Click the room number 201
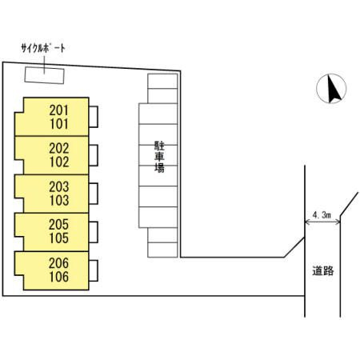[x=59, y=110]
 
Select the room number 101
[x=59, y=124]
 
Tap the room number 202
[x=59, y=148]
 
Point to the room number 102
[x=59, y=162]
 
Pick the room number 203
[x=59, y=186]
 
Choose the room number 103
[x=59, y=200]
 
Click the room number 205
[x=59, y=225]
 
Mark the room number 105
[x=59, y=238]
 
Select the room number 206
[x=59, y=263]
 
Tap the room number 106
[x=59, y=277]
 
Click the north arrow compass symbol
[x=331, y=89]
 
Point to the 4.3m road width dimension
[x=322, y=215]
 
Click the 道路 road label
[x=323, y=271]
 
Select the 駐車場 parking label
[x=159, y=157]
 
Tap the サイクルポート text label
[x=43, y=48]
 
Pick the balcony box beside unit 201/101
[x=94, y=117]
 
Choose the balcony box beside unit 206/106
[x=94, y=270]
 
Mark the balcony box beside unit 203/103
[x=94, y=194]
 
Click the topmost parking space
[x=162, y=81]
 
